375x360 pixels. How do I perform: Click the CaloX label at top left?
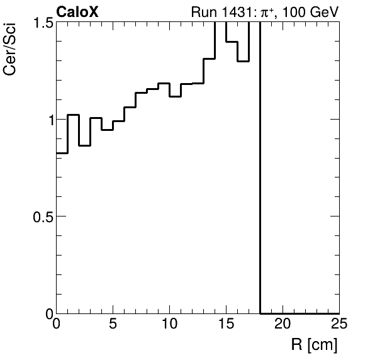tap(77, 12)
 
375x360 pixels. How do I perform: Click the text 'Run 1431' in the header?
tap(213, 13)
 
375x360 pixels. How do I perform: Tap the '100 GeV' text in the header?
tap(312, 13)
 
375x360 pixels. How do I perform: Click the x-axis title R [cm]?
tap(314, 345)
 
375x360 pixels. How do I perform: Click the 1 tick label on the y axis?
tap(47, 120)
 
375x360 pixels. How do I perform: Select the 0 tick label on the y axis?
tap(47, 313)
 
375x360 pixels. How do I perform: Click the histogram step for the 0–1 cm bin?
tap(62, 153)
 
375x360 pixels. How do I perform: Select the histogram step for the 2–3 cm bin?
tap(85, 145)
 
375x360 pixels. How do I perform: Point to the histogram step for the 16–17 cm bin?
tap(243, 61)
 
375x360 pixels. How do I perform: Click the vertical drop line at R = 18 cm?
tap(260, 189)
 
